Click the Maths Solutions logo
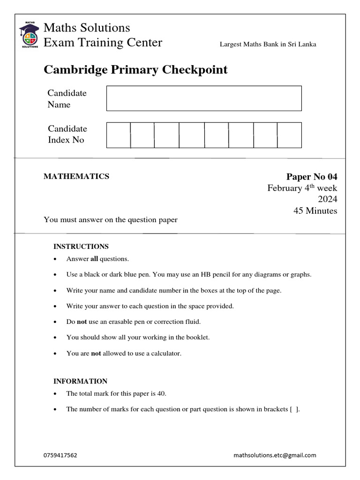[29, 34]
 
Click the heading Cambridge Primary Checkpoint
[135, 70]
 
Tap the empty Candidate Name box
[204, 98]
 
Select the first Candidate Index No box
[119, 135]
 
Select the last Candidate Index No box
[289, 135]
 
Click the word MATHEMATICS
[76, 176]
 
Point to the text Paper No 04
[312, 177]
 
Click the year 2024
[328, 199]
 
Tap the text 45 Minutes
[315, 211]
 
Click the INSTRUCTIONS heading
[81, 247]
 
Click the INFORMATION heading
[80, 382]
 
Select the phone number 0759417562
[60, 455]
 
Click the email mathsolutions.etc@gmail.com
[275, 455]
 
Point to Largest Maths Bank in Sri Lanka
[268, 45]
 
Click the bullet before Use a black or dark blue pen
[56, 275]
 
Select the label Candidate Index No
[67, 135]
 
